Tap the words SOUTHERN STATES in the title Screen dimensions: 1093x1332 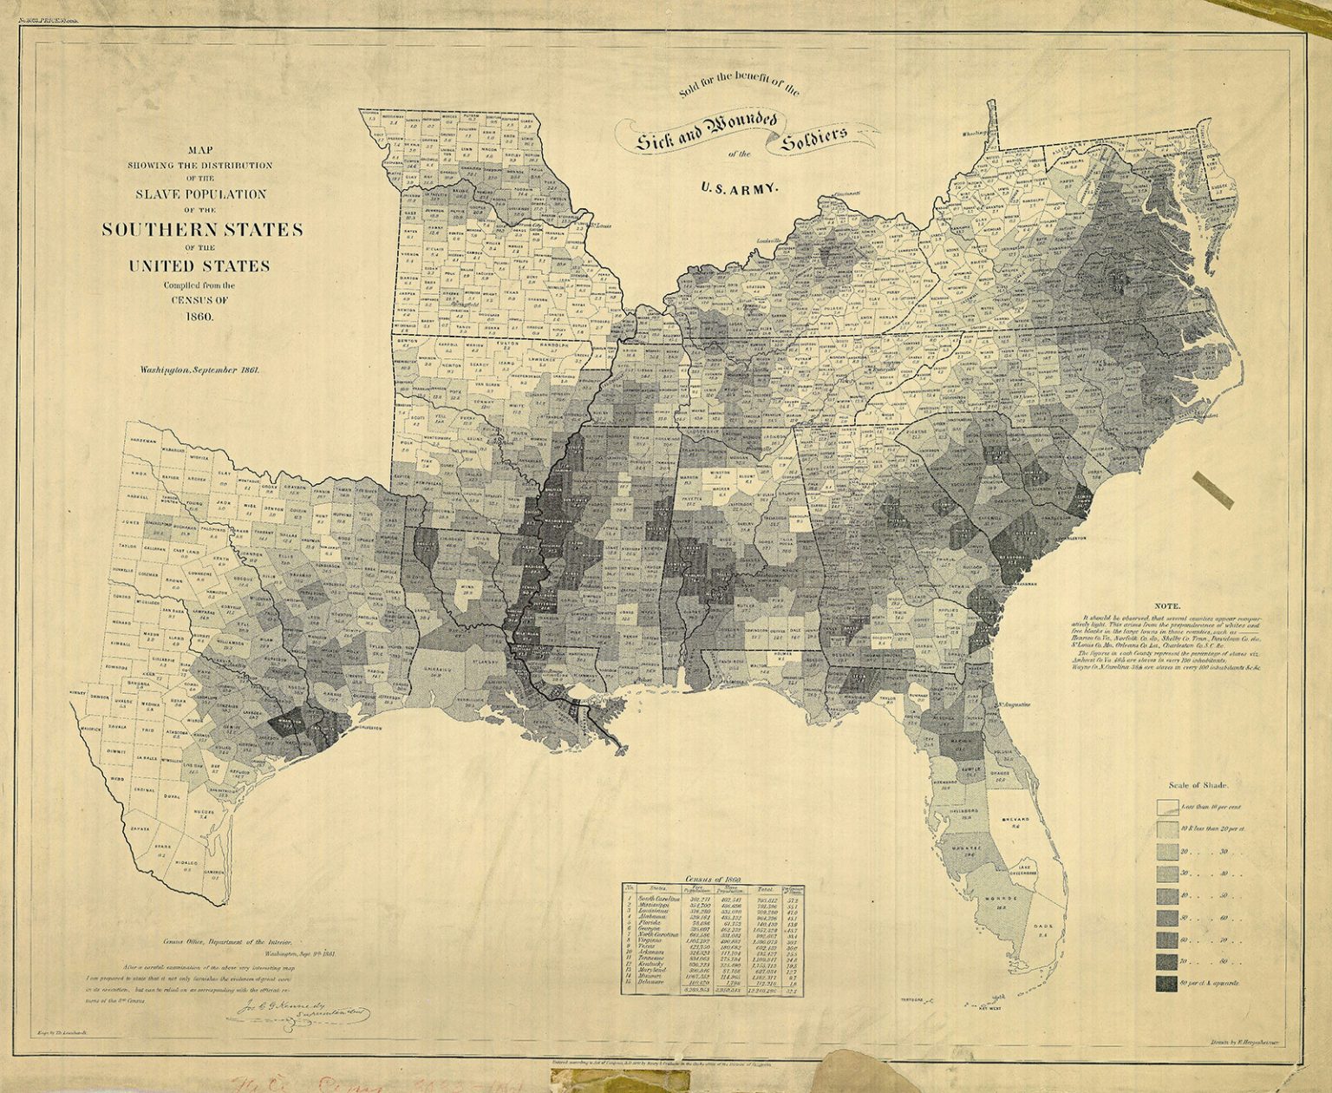tap(202, 230)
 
